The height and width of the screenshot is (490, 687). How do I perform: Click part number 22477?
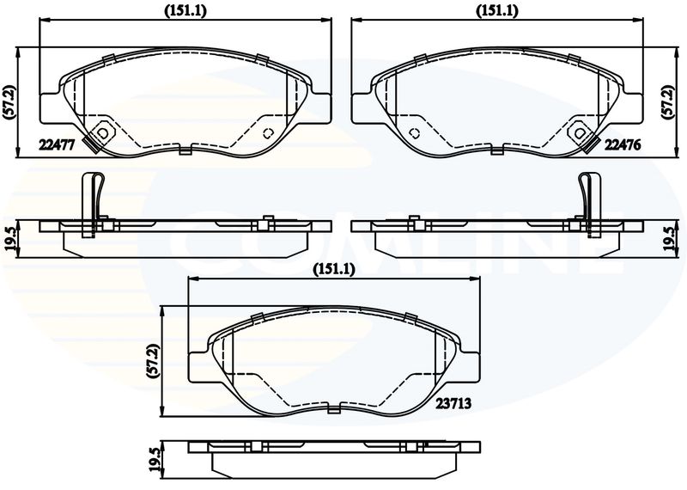coord(58,144)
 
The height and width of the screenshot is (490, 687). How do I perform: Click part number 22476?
coord(623,144)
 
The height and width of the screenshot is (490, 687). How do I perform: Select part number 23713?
coord(453,403)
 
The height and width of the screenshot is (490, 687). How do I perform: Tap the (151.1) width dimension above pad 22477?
coord(185,11)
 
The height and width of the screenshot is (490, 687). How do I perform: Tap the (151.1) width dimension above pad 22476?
coord(497,11)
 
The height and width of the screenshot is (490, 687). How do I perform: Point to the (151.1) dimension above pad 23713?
coord(334,270)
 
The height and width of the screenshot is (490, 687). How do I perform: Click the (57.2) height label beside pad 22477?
coord(9,102)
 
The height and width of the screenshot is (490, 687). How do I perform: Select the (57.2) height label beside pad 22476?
coord(668,102)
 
